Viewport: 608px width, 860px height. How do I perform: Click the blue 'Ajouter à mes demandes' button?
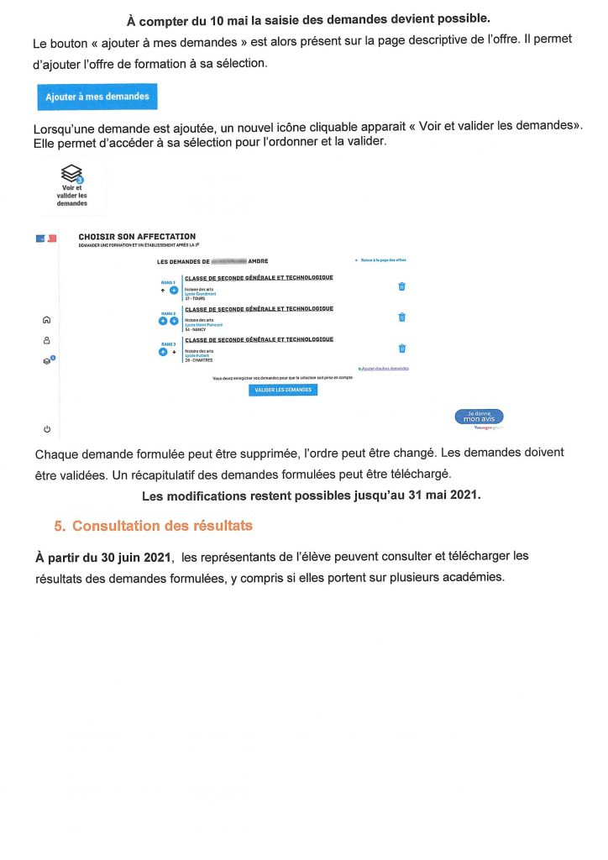pyautogui.click(x=97, y=97)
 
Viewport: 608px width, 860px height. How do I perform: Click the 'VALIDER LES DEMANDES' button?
pyautogui.click(x=283, y=390)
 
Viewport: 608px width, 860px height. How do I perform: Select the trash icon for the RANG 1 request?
pyautogui.click(x=401, y=286)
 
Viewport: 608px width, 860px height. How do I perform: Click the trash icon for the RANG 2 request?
pyautogui.click(x=401, y=317)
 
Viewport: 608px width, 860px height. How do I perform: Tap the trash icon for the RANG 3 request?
pyautogui.click(x=401, y=349)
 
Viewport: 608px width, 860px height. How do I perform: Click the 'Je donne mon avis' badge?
pyautogui.click(x=479, y=417)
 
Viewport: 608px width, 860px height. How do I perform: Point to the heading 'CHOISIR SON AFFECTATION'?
pyautogui.click(x=137, y=237)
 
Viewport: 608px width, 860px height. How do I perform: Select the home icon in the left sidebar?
pyautogui.click(x=46, y=319)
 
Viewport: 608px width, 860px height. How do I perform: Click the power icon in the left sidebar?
pyautogui.click(x=46, y=429)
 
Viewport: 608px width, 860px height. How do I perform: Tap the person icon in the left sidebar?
pyautogui.click(x=46, y=340)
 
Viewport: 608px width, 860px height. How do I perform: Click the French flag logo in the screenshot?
pyautogui.click(x=46, y=239)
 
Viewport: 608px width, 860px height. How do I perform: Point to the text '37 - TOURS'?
pyautogui.click(x=196, y=298)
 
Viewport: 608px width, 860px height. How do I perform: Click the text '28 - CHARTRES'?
pyautogui.click(x=199, y=360)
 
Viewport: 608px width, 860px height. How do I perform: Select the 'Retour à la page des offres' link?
pyautogui.click(x=383, y=261)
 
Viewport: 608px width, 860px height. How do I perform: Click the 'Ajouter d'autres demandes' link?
pyautogui.click(x=385, y=369)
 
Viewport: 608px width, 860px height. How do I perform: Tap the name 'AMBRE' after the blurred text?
pyautogui.click(x=258, y=262)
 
